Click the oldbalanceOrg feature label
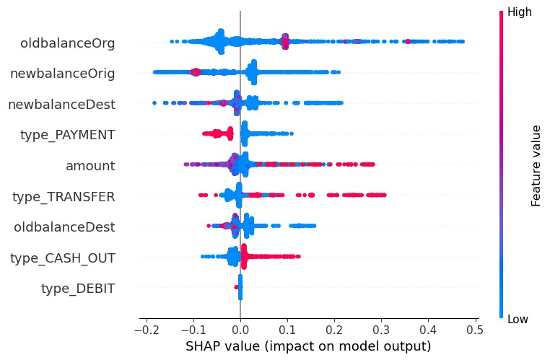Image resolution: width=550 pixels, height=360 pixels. (68, 43)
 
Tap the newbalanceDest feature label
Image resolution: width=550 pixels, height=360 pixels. (61, 105)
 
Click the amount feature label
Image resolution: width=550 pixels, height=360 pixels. (90, 166)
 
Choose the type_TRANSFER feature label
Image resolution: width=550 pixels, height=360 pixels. (64, 196)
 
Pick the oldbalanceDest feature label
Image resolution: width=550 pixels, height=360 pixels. (64, 227)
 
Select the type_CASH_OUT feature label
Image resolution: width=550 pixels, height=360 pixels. (62, 258)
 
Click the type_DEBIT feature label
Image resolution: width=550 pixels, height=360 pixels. (78, 289)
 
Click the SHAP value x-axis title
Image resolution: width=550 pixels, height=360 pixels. (308, 346)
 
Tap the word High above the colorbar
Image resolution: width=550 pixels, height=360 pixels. (521, 13)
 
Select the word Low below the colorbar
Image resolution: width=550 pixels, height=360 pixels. (520, 318)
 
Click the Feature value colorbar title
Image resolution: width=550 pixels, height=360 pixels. (536, 165)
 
